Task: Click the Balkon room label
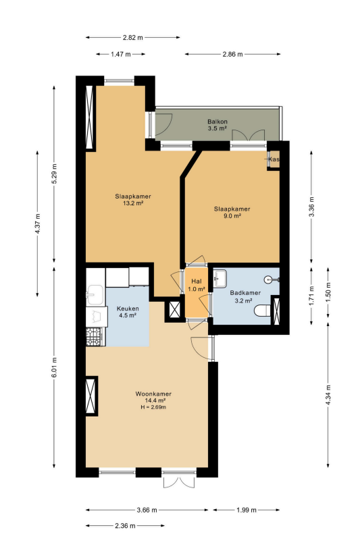pos(217,122)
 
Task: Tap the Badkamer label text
pos(245,293)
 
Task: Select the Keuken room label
pos(128,309)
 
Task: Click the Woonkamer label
pos(153,394)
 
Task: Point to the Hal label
pos(197,282)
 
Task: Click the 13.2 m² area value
pos(133,203)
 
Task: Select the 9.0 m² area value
pos(232,216)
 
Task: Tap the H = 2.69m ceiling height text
pos(153,407)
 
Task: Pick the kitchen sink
pos(95,294)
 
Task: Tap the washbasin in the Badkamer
pos(220,277)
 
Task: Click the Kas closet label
pos(274,159)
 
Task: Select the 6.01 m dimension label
pos(54,367)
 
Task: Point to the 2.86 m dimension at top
pos(233,55)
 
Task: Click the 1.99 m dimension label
pos(247,510)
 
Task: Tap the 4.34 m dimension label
pos(328,395)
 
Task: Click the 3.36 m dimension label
pos(311,207)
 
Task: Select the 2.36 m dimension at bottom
pos(125,526)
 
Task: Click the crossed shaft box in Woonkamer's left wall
pos(92,396)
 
